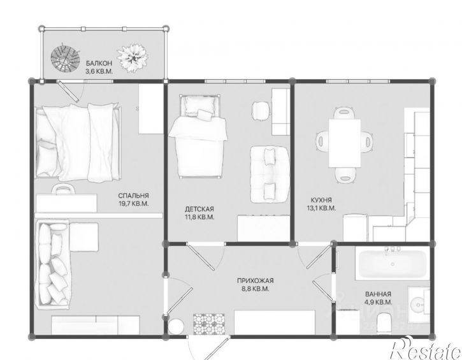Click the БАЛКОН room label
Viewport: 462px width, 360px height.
(99, 63)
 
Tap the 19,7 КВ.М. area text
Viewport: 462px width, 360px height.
(133, 203)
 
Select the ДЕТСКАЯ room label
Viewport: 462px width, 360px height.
(199, 209)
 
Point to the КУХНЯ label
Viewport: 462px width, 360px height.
(321, 199)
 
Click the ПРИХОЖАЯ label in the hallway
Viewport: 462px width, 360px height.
(256, 281)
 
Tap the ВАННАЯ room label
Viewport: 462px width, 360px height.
(378, 294)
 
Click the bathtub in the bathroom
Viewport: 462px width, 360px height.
(391, 264)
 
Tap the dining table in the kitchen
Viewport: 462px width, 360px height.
(345, 143)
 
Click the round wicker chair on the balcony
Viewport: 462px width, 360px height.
(65, 58)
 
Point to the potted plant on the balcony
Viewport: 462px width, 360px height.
(133, 57)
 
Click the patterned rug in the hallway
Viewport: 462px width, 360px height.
(208, 324)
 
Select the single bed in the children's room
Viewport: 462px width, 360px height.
(199, 136)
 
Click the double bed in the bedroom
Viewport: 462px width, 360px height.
(78, 142)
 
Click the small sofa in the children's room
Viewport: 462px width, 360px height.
(270, 175)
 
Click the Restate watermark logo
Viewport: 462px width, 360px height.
(426, 349)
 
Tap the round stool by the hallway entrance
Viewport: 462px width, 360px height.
(176, 326)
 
